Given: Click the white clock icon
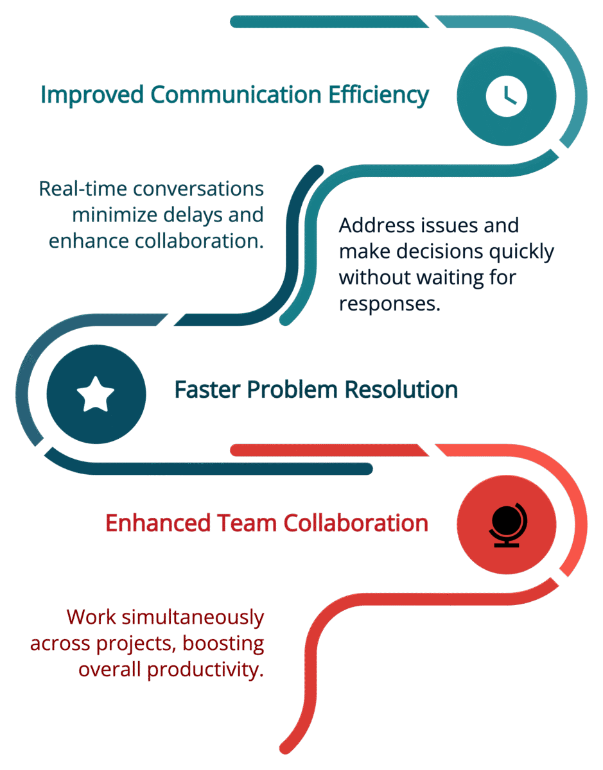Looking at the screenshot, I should [x=506, y=96].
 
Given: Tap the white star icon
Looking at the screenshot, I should [x=96, y=394].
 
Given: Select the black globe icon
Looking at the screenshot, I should [x=507, y=524].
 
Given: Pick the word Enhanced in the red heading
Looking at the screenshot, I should [x=152, y=523].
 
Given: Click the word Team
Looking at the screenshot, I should [x=241, y=523].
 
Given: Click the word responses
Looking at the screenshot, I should [x=389, y=303].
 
